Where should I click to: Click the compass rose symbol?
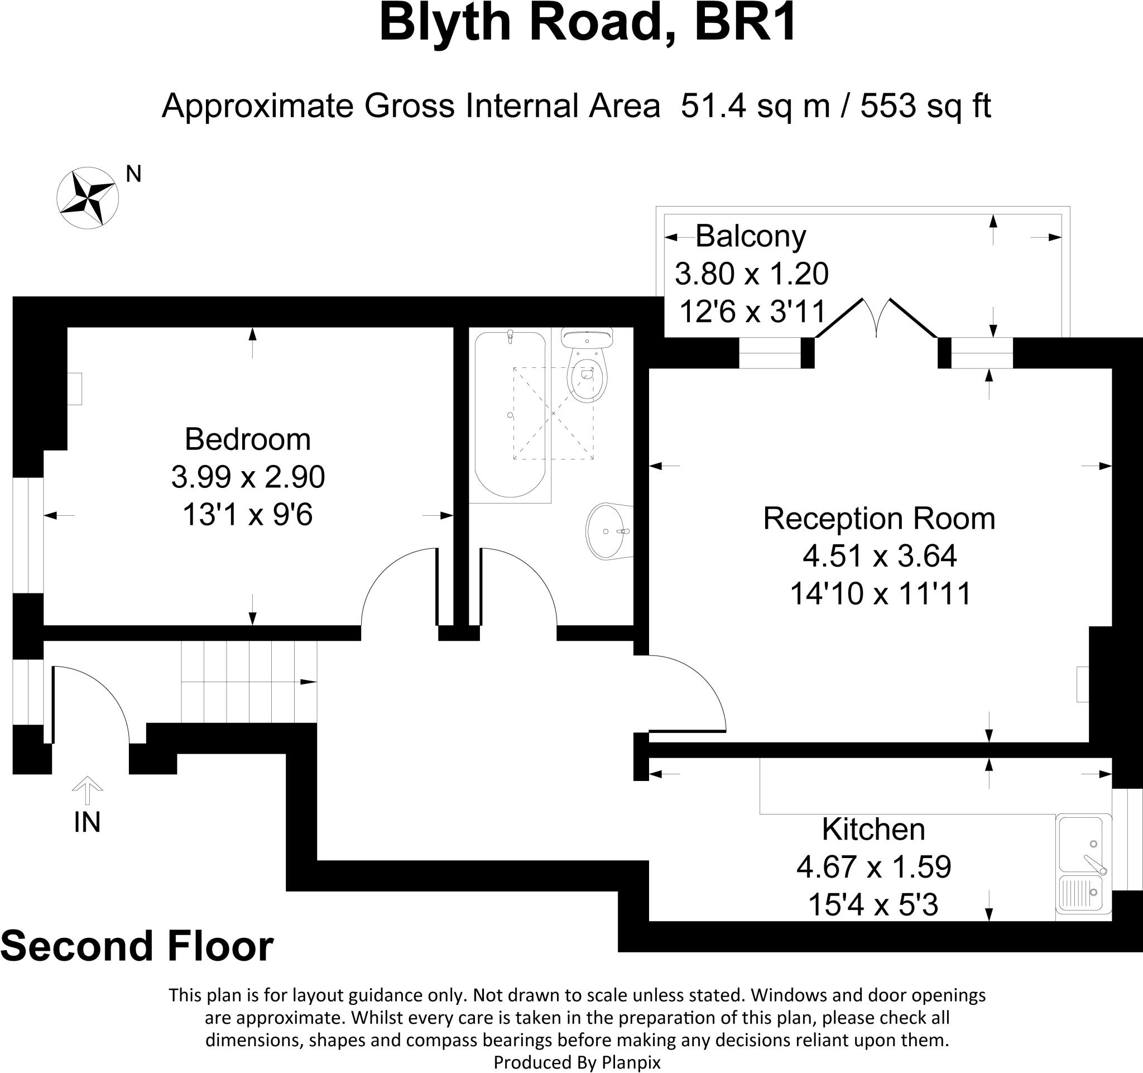pos(88,198)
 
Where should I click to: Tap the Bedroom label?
pos(247,439)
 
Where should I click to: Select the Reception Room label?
pos(879,518)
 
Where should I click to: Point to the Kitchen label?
pos(873,829)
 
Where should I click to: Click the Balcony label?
pos(750,236)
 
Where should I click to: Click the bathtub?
pos(510,414)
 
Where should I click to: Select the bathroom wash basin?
pos(608,531)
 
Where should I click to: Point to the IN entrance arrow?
pos(87,791)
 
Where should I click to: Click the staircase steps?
pos(249,682)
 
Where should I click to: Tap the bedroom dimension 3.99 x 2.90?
pos(248,477)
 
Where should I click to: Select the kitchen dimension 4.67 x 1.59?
pos(873,866)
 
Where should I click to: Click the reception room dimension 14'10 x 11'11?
pos(880,593)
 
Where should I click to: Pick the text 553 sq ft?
pos(925,106)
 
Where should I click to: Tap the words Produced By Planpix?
pos(577,1062)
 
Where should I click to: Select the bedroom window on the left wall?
pos(28,535)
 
